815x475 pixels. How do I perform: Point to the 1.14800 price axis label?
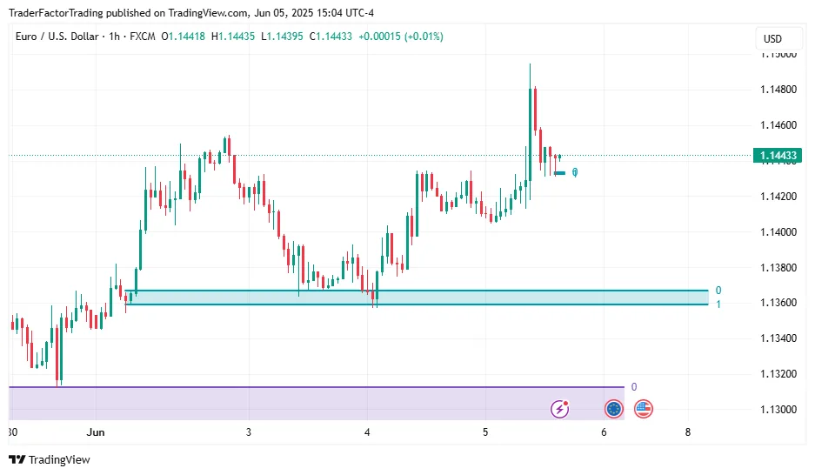pyautogui.click(x=778, y=90)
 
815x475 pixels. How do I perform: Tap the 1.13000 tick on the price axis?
pyautogui.click(x=778, y=409)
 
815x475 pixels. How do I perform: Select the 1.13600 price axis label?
pyautogui.click(x=778, y=303)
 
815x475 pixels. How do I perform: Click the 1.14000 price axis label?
pyautogui.click(x=778, y=231)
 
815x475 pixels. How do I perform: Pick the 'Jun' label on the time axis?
pyautogui.click(x=97, y=432)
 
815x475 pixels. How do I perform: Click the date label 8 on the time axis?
pyautogui.click(x=688, y=432)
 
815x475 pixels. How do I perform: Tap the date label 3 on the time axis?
pyautogui.click(x=249, y=432)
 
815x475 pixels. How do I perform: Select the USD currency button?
pyautogui.click(x=772, y=39)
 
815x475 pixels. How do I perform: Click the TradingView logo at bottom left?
pyautogui.click(x=50, y=459)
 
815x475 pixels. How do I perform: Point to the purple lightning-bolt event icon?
pyautogui.click(x=562, y=408)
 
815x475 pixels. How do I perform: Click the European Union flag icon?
pyautogui.click(x=614, y=408)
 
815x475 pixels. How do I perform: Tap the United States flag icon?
pyautogui.click(x=644, y=408)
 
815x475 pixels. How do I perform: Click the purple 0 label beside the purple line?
pyautogui.click(x=634, y=387)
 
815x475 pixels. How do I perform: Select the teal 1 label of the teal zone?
pyautogui.click(x=718, y=304)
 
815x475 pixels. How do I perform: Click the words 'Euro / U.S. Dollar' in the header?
pyautogui.click(x=55, y=37)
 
